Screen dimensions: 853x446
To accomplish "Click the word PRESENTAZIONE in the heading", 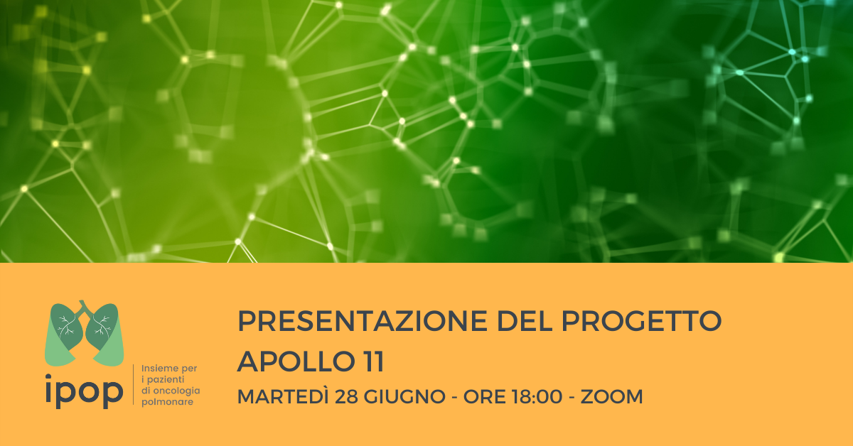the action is [363, 321].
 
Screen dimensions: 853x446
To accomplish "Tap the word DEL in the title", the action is [525, 321].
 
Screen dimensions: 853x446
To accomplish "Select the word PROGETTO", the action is [642, 321].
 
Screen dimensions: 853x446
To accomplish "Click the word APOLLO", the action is [296, 361].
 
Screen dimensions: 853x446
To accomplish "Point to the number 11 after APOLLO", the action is [374, 361].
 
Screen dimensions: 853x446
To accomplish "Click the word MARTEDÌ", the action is [283, 396].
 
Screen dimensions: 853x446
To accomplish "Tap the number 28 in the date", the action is [347, 396].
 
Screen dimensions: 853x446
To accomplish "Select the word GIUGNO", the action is [404, 396].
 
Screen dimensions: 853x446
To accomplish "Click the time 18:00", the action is [537, 396].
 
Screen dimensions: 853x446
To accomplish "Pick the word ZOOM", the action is [611, 396].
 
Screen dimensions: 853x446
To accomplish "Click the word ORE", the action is [484, 396].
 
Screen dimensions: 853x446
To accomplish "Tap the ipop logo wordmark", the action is [84, 391].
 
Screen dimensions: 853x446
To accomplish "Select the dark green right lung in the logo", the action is [102, 327].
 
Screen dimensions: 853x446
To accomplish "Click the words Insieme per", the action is [169, 369].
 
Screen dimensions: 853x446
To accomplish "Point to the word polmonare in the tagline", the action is [167, 402].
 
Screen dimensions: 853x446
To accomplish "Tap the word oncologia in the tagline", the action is [176, 391].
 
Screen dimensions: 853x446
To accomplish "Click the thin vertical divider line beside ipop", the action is [134, 384].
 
